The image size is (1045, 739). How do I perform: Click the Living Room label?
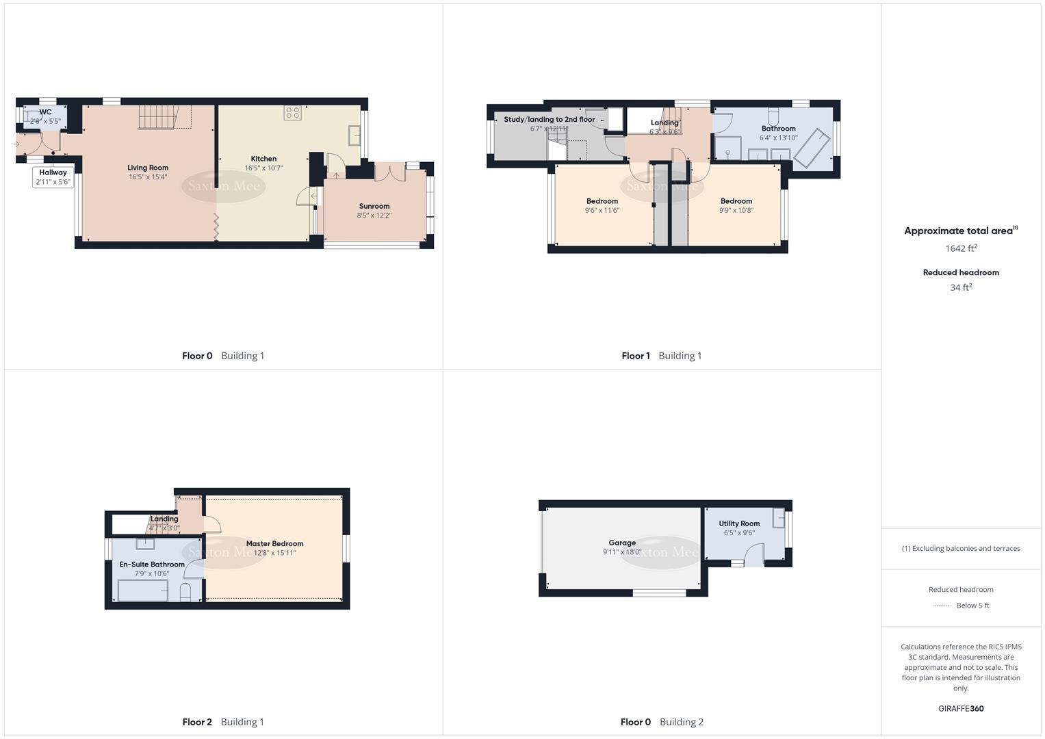tap(147, 168)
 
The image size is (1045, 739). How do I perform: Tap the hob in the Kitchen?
tap(293, 113)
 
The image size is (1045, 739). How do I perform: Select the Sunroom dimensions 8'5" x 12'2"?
tap(374, 216)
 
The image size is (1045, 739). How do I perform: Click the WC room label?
tap(45, 112)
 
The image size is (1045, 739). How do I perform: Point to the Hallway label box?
tap(53, 177)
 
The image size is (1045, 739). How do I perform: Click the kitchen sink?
tap(354, 135)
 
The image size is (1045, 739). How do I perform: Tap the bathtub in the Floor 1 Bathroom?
tap(812, 148)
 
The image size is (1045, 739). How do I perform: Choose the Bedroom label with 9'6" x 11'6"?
tap(602, 201)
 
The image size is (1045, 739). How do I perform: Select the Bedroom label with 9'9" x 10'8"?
tap(736, 201)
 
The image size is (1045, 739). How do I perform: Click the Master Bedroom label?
tap(274, 544)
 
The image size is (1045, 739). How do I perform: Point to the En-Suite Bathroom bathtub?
tap(143, 590)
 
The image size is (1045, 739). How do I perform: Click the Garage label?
tap(621, 543)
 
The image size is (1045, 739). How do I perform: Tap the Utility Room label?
tap(739, 523)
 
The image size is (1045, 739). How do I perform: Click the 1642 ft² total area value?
tap(961, 248)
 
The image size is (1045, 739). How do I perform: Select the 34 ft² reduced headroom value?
tap(961, 287)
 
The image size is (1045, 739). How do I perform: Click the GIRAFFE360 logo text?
tap(961, 708)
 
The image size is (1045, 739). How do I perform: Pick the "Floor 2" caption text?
tap(197, 722)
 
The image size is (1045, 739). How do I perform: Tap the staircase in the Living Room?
tap(165, 117)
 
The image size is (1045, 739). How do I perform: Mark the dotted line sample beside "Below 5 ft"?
tap(942, 606)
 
